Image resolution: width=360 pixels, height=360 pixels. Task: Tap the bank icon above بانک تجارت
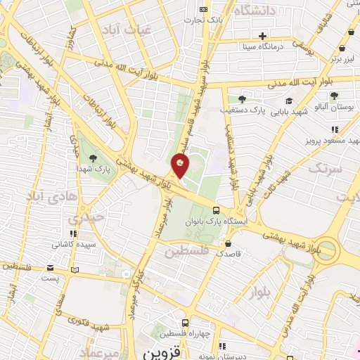(x=203, y=9)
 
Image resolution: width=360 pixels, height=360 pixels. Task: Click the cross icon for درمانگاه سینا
(x=262, y=36)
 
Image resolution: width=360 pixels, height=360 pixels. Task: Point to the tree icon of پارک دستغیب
(x=243, y=99)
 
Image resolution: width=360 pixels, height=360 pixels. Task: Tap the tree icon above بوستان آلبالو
(x=334, y=96)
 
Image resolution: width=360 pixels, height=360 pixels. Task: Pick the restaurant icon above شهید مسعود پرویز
(x=335, y=129)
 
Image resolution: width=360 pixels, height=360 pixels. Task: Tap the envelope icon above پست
(x=50, y=268)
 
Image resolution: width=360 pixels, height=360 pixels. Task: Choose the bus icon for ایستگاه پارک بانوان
(x=216, y=210)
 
